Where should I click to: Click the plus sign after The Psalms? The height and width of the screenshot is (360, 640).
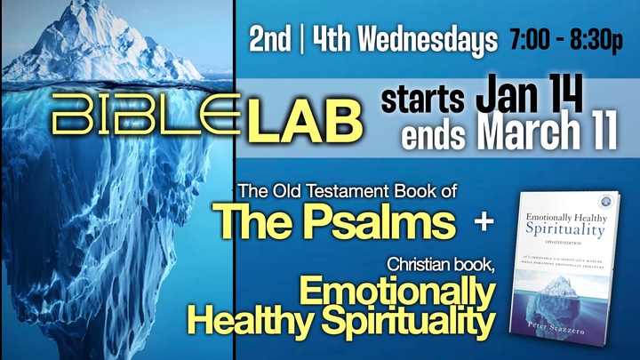coord(485,221)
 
